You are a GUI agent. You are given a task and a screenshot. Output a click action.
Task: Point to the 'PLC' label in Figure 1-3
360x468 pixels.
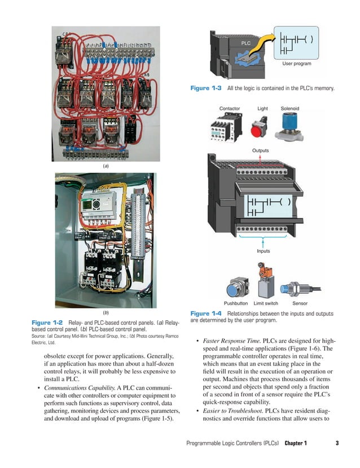[x=245, y=43]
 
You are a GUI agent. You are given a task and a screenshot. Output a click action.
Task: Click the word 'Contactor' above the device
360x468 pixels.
[x=229, y=108]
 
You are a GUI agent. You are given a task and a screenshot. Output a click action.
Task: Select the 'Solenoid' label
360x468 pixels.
[x=290, y=108]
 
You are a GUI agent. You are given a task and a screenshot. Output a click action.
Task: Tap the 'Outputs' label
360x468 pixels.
[x=260, y=151]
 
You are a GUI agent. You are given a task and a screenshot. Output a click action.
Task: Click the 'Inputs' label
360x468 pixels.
[x=263, y=251]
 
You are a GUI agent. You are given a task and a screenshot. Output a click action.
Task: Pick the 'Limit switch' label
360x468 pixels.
[x=266, y=303]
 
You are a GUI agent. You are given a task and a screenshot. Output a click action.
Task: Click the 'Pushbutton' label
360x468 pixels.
[x=236, y=303]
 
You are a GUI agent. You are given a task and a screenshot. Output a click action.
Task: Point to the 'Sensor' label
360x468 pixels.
[x=300, y=303]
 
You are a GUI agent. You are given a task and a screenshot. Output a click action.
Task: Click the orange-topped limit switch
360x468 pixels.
[x=264, y=280]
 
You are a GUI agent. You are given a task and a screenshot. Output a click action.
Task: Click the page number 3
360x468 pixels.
[x=336, y=443]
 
